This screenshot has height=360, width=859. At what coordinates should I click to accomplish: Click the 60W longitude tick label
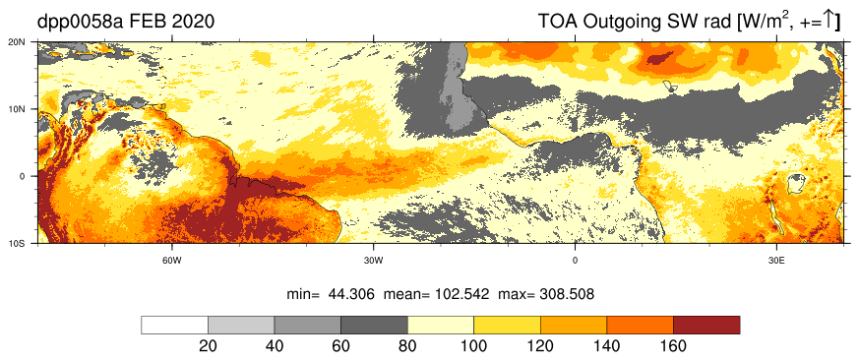pyautogui.click(x=172, y=261)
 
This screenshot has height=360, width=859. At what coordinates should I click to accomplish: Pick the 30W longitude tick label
pyautogui.click(x=374, y=261)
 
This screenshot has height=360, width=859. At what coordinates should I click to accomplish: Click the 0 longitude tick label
pyautogui.click(x=576, y=261)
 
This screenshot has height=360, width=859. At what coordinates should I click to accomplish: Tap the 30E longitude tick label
pyautogui.click(x=776, y=261)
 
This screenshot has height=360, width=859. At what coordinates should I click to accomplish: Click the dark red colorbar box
pyautogui.click(x=706, y=325)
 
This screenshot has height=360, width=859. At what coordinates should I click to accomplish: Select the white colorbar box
pyautogui.click(x=175, y=325)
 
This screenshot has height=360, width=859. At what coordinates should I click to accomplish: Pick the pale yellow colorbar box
pyautogui.click(x=441, y=325)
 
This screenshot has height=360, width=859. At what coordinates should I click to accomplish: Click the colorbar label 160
pyautogui.click(x=673, y=347)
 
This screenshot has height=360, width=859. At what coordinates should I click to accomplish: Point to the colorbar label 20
pyautogui.click(x=209, y=347)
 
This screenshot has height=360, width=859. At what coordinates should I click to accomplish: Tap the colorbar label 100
pyautogui.click(x=474, y=347)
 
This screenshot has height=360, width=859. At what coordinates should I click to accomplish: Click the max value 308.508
pyautogui.click(x=567, y=294)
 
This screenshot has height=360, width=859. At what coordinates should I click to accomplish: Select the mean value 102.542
pyautogui.click(x=460, y=294)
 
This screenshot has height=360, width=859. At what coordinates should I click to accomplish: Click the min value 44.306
pyautogui.click(x=351, y=294)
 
